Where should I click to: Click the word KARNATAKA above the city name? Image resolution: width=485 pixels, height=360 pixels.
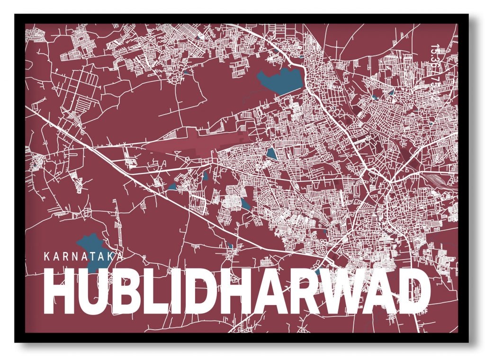(83, 257)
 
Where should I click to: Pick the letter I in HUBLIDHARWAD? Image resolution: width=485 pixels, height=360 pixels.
(179, 290)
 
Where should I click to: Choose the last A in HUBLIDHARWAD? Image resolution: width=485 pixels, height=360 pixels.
(380, 290)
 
